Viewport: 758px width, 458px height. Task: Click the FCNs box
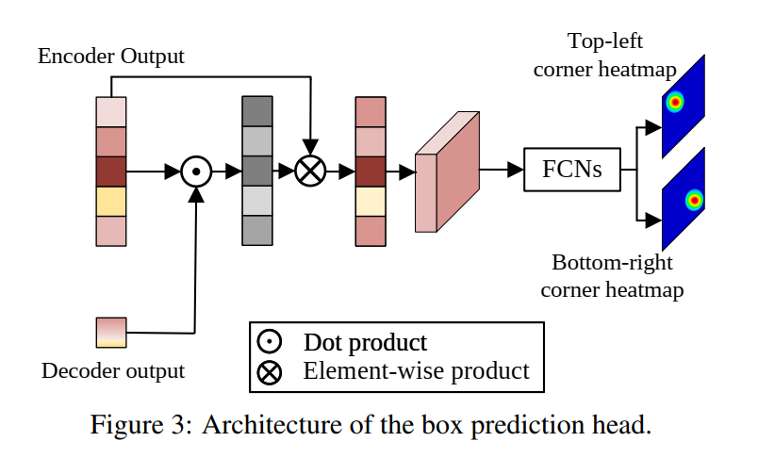pyautogui.click(x=571, y=171)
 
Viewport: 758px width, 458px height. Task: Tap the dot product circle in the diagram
pyautogui.click(x=195, y=172)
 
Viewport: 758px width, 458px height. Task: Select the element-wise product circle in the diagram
pyautogui.click(x=309, y=172)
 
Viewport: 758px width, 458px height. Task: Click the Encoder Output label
pyautogui.click(x=110, y=57)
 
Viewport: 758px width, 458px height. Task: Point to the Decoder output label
pyautogui.click(x=113, y=370)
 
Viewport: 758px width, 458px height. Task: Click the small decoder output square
pyautogui.click(x=111, y=333)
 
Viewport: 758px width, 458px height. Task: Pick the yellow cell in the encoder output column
pyautogui.click(x=111, y=201)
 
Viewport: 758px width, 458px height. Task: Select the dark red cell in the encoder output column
pyautogui.click(x=111, y=172)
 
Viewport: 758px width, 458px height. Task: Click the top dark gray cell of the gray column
pyautogui.click(x=256, y=112)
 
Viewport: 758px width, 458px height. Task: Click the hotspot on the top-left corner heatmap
pyautogui.click(x=675, y=103)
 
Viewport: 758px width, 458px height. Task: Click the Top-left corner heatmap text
pyautogui.click(x=603, y=55)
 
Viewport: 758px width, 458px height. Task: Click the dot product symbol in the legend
pyautogui.click(x=270, y=342)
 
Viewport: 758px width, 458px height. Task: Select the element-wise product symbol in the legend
pyautogui.click(x=270, y=372)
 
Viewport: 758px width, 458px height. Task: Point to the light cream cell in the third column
pyautogui.click(x=371, y=201)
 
